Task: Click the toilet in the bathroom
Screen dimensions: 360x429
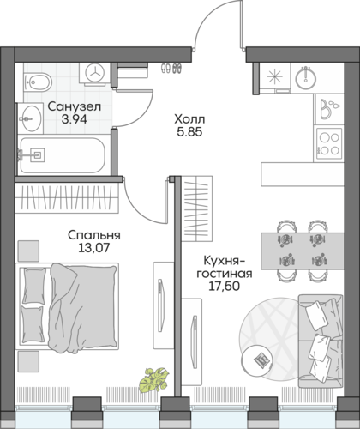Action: click(x=38, y=82)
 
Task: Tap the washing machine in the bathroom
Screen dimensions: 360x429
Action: click(x=94, y=74)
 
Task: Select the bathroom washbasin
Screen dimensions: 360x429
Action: click(x=30, y=118)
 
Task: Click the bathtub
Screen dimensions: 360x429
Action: click(x=63, y=155)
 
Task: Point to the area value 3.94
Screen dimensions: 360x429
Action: click(x=75, y=119)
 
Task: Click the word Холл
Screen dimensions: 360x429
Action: click(x=189, y=118)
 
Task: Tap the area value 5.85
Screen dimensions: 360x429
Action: click(x=189, y=132)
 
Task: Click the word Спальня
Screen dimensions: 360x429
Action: click(x=94, y=235)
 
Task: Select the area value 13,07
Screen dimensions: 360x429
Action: click(x=94, y=248)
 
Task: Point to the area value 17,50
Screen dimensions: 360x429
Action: click(x=224, y=286)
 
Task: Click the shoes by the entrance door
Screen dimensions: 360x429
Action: click(x=171, y=68)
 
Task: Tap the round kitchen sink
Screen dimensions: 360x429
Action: click(x=305, y=77)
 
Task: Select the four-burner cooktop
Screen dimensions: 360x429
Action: click(x=329, y=143)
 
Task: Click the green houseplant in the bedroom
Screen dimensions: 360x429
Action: click(x=153, y=379)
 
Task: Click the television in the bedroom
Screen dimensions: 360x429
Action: click(x=161, y=305)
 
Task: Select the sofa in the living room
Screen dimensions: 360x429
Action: click(x=321, y=341)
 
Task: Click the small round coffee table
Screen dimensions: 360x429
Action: click(x=256, y=359)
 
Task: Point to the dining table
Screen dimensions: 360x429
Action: click(x=303, y=251)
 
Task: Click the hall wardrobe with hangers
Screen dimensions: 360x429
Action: click(x=197, y=208)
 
